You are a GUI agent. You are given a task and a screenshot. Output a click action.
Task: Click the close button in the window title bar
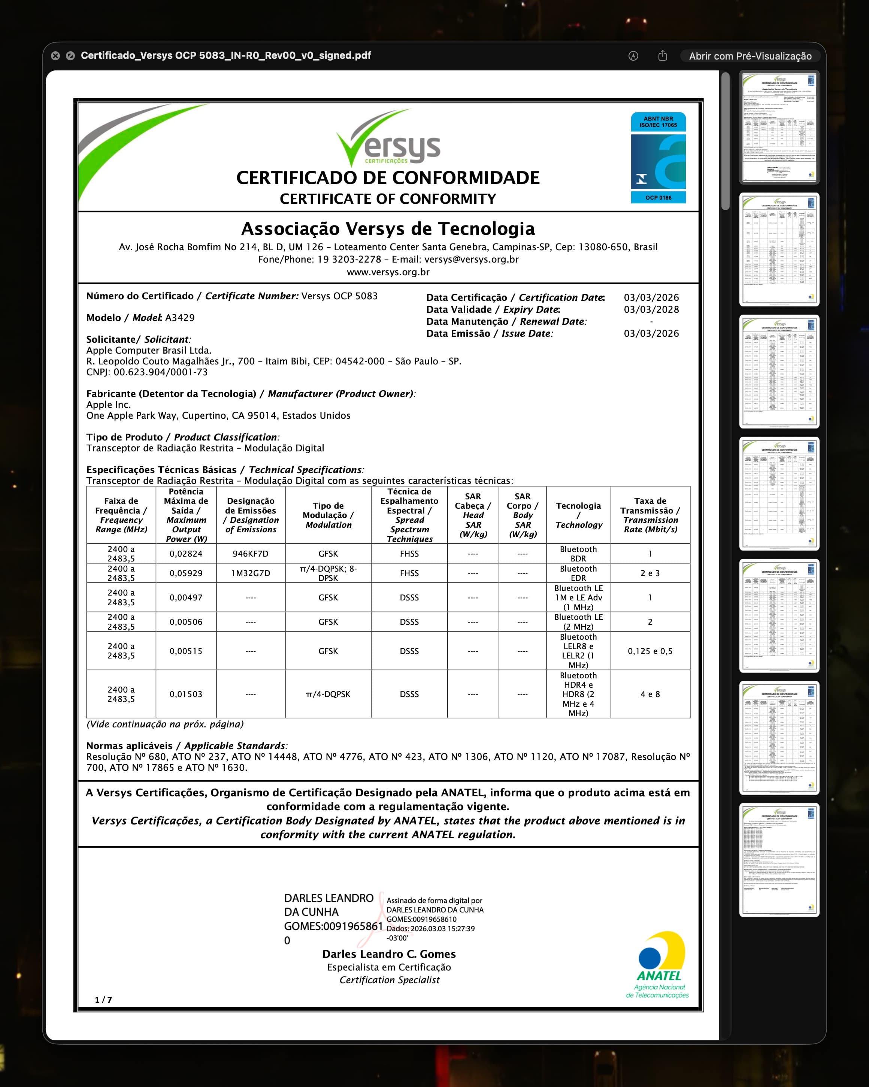(55, 56)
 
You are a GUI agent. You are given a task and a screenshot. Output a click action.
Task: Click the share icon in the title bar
(662, 55)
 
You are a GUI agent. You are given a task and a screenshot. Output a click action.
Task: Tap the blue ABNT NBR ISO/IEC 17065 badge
(658, 157)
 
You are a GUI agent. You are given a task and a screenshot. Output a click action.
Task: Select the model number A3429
(179, 318)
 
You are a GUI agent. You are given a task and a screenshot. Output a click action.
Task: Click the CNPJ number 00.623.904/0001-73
(160, 372)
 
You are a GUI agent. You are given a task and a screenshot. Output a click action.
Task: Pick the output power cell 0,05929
(186, 573)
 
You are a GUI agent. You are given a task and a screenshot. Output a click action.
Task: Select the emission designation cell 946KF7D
(251, 554)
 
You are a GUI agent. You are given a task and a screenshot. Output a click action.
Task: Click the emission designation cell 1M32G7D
(251, 573)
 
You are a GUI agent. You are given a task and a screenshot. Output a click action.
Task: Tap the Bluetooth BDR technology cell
(578, 554)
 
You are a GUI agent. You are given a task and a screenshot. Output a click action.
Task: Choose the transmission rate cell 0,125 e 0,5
(650, 651)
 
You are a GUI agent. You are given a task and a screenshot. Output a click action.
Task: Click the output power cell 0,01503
(186, 694)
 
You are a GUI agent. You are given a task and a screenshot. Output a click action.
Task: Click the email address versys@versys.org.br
(471, 260)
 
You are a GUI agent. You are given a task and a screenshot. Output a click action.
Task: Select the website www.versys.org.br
(388, 272)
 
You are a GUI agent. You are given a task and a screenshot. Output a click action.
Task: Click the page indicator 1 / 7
(103, 1000)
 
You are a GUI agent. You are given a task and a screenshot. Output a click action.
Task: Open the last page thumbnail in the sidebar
(779, 860)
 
